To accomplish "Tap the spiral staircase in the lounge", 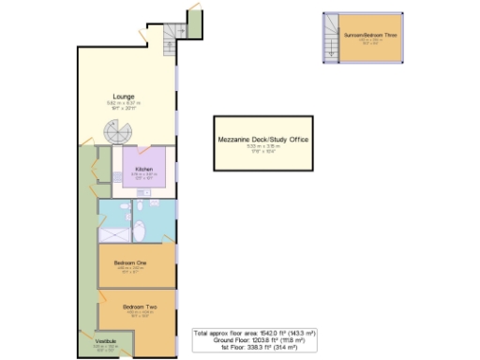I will coord(118,138).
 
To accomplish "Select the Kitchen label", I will coord(142,170).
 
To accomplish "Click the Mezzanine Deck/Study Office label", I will coord(263,140).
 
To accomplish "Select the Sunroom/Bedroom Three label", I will coord(369,35).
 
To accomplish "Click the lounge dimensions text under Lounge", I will coord(127,106).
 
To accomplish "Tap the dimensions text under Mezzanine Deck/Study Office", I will coord(263,148).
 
